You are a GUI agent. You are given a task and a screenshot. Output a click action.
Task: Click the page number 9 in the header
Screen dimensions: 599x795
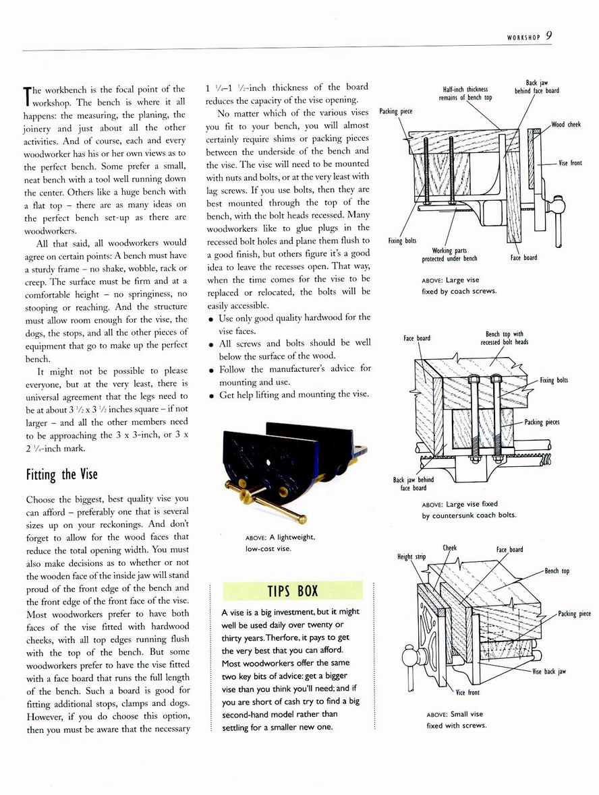[x=549, y=36]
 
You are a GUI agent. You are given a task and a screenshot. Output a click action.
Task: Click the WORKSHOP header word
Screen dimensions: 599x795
[x=523, y=38]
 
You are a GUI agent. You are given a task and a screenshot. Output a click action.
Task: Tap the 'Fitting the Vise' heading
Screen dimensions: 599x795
[x=61, y=474]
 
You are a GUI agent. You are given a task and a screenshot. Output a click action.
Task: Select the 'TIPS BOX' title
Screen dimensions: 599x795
[x=292, y=591]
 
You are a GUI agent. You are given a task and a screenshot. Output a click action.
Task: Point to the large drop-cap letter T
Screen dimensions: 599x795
[x=28, y=97]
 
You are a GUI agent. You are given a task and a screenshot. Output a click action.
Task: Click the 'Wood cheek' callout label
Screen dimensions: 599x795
[x=565, y=124]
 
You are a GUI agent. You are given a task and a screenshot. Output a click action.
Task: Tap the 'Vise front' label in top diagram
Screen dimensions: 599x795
[x=570, y=163]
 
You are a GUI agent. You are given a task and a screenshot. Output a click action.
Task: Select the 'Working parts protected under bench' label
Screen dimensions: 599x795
[x=449, y=255]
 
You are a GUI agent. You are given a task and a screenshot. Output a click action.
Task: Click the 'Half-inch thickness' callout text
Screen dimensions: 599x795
[x=465, y=89]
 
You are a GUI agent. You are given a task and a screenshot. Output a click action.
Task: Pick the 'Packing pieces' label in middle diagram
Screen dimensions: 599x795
[x=542, y=422]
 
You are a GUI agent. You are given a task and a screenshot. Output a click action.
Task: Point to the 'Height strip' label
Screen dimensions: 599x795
[x=411, y=556]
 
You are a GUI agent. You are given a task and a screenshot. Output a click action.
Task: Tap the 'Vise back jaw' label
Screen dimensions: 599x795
[x=548, y=671]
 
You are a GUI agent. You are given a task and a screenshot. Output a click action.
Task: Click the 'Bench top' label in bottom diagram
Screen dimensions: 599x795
[x=557, y=571]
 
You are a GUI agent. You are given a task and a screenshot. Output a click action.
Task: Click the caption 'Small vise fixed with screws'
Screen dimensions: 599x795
[x=457, y=720]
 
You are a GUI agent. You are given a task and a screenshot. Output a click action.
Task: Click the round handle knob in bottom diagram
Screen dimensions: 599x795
[x=409, y=657]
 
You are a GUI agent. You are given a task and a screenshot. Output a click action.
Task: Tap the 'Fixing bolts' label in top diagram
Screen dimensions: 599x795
[x=402, y=241]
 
